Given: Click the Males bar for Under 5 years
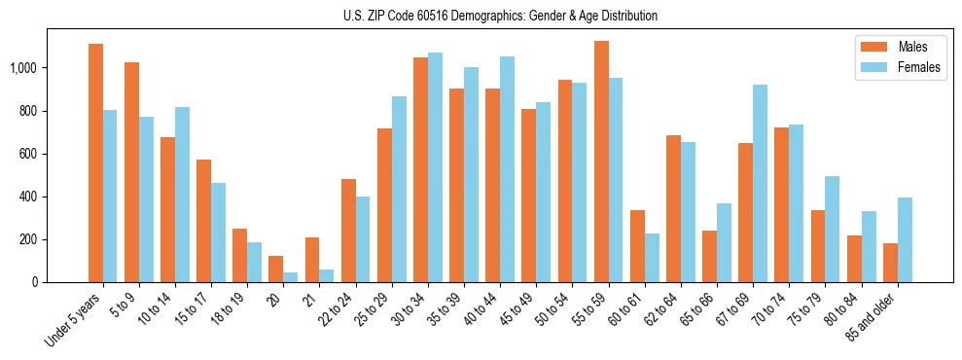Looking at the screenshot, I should click(x=95, y=162).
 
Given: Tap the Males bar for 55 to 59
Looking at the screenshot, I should click(x=601, y=162).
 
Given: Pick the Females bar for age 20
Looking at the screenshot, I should click(x=291, y=277).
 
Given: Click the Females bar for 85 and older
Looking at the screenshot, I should click(x=905, y=239).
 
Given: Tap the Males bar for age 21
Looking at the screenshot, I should click(x=312, y=260).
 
